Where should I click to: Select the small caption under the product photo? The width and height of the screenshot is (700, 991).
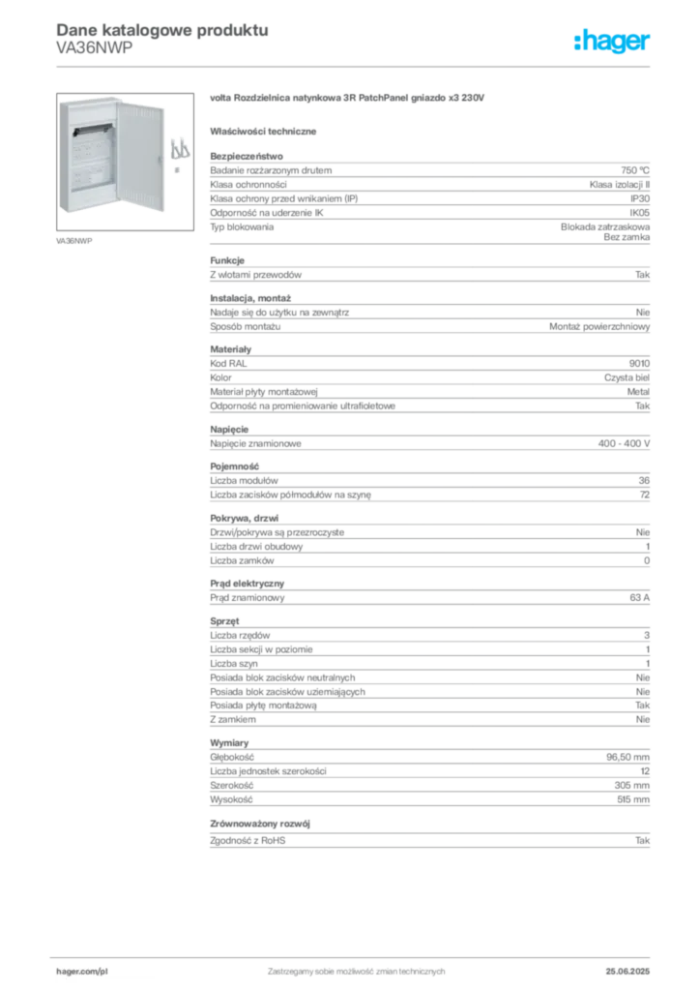tap(76, 241)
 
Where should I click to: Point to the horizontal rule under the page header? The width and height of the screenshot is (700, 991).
tap(355, 66)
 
